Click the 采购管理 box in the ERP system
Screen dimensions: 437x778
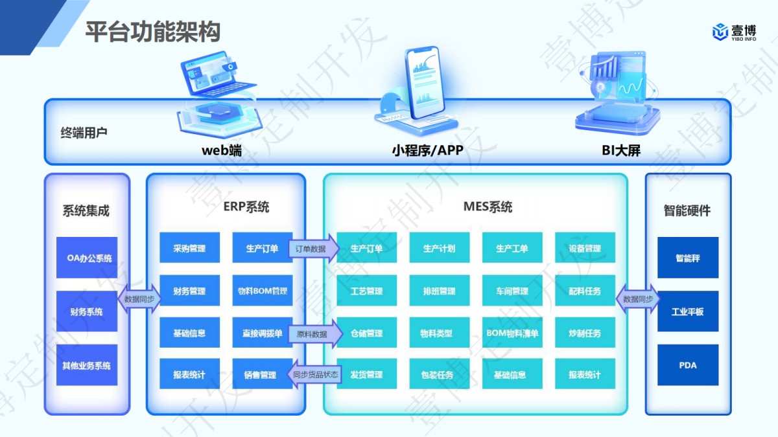[x=189, y=249]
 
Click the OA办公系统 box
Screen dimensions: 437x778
[x=87, y=258]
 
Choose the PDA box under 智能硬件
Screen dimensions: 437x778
[x=688, y=365]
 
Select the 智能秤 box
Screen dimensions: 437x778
[x=688, y=258]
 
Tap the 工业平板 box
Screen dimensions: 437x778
[x=688, y=311]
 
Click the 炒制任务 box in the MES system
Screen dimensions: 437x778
[x=585, y=333]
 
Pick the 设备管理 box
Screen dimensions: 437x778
[x=585, y=249]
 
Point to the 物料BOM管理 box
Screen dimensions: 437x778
[x=262, y=291]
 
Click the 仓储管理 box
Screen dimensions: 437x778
[x=366, y=333]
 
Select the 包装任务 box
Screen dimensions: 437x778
[x=439, y=375]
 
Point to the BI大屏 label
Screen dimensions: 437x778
[x=621, y=151]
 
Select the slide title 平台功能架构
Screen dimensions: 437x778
[x=153, y=32]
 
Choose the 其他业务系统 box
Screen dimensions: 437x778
[x=87, y=365]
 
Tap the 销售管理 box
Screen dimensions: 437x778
[x=262, y=375]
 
